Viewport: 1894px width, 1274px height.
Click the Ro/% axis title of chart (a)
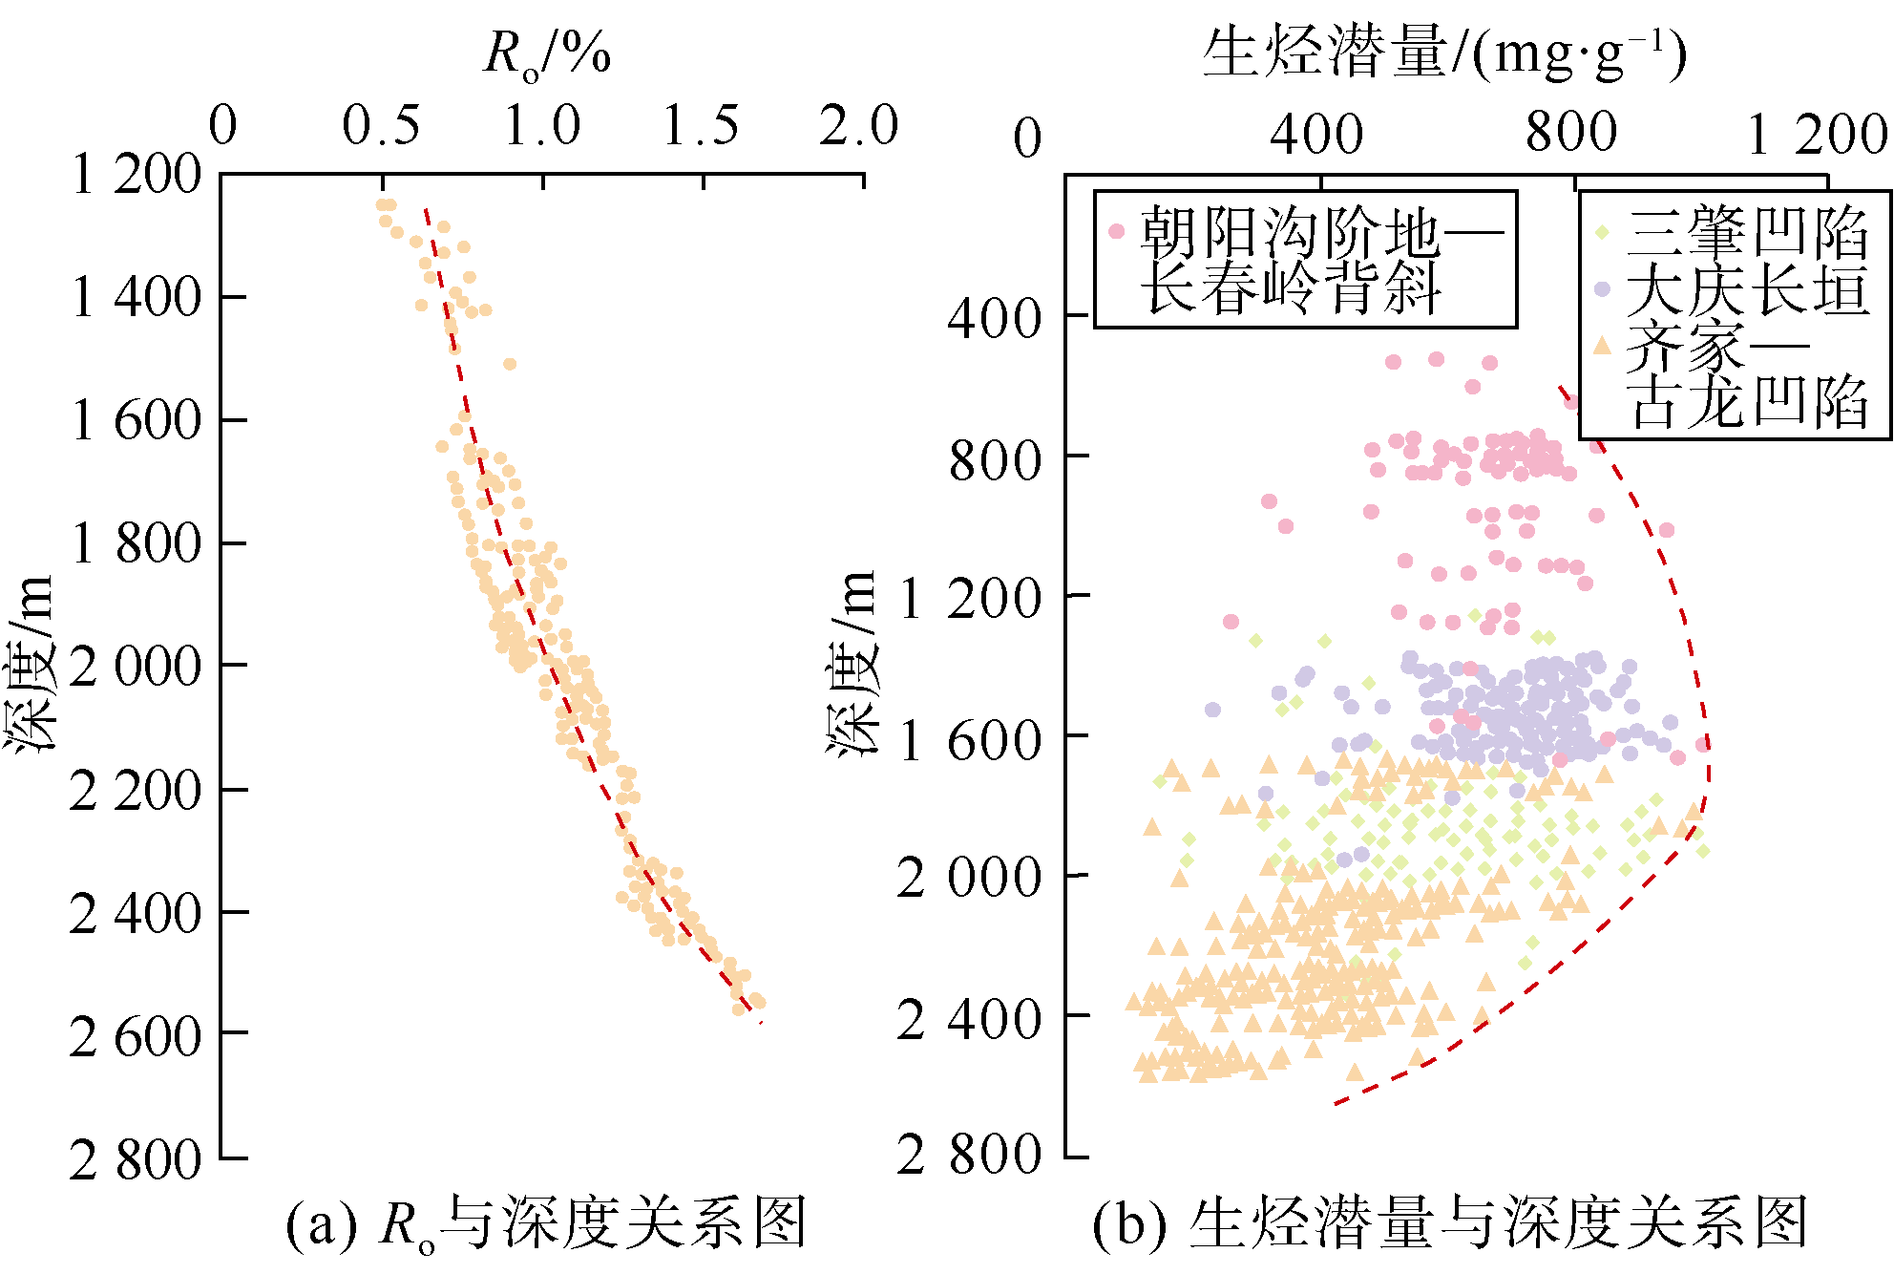pos(546,53)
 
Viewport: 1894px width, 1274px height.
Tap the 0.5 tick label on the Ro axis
pos(381,126)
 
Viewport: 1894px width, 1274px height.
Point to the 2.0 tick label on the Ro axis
pos(858,126)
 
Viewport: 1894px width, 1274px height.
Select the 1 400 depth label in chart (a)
pos(137,297)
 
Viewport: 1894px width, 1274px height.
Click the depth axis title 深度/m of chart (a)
pos(29,664)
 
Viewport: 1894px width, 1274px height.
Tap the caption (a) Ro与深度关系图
pos(546,1223)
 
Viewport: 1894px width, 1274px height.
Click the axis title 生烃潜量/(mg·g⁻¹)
pos(1444,53)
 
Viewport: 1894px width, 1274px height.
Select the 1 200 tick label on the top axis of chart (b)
pos(1817,134)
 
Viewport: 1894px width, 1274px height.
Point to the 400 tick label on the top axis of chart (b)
pos(1316,134)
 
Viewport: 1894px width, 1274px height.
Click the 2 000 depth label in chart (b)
pos(968,877)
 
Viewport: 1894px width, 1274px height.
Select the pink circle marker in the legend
pos(1116,231)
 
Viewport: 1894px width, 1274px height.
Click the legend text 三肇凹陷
pos(1747,232)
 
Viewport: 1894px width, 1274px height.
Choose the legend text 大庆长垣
pos(1747,288)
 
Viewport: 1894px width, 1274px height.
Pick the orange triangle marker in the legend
pos(1602,346)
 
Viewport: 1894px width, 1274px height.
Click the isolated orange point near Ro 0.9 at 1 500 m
pos(510,364)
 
